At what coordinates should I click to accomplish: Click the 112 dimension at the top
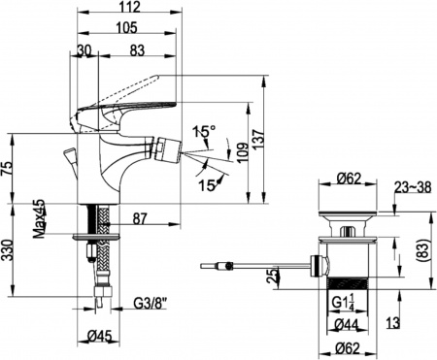point(129,7)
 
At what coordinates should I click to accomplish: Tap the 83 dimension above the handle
point(137,50)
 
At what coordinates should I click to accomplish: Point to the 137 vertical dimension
point(258,140)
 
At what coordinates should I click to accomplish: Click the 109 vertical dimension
point(244,152)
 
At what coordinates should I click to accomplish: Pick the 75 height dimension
point(7,169)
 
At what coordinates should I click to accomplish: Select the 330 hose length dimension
point(7,250)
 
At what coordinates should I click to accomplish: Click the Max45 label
point(40,219)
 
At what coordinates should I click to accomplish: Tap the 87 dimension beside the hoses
point(140,219)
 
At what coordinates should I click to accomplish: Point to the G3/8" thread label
point(151,304)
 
